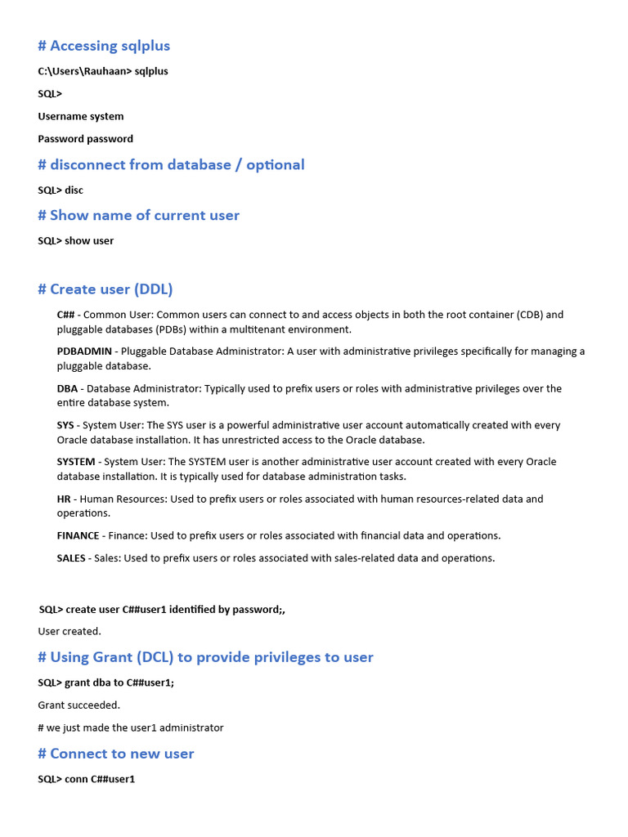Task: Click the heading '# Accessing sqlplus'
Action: [x=104, y=46]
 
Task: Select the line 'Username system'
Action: [x=81, y=116]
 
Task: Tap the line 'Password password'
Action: [x=85, y=139]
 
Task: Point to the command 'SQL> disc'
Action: [x=61, y=190]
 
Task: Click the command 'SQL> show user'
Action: [x=76, y=241]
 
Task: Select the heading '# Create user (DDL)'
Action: [x=105, y=289]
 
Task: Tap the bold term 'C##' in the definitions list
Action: [x=66, y=315]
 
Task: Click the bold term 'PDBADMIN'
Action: [x=84, y=351]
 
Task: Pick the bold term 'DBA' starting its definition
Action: [x=68, y=388]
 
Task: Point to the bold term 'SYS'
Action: [x=66, y=425]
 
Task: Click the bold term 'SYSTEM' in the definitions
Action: [x=76, y=462]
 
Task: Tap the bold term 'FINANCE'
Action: [x=78, y=536]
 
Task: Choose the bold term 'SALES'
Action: [x=71, y=558]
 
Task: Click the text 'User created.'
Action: [x=70, y=631]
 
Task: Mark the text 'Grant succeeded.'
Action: [x=78, y=705]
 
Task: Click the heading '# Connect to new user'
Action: [x=116, y=754]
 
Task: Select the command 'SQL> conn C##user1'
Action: [x=87, y=779]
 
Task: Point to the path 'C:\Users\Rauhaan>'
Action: [x=84, y=71]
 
